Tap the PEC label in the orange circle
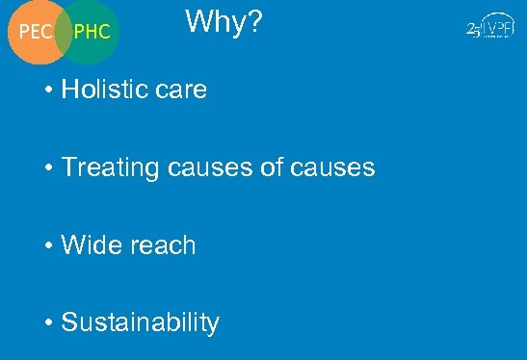click(37, 33)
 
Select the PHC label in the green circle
click(92, 33)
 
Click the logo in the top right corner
click(488, 30)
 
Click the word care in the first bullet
click(178, 91)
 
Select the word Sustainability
click(140, 323)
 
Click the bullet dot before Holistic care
click(48, 91)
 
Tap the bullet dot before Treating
click(48, 169)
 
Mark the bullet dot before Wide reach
click(48, 246)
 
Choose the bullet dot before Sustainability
click(48, 323)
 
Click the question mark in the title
click(253, 21)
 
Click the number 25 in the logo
click(473, 30)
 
